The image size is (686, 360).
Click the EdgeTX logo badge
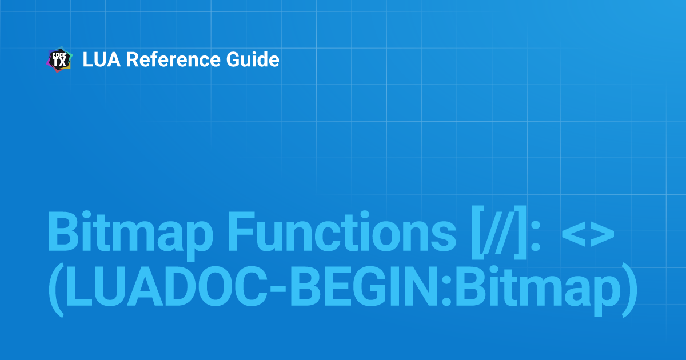pos(59,59)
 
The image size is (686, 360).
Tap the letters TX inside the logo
pos(59,62)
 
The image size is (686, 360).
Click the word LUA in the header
pos(102,59)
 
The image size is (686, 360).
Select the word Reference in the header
pos(173,59)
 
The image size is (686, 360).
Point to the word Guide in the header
pos(253,59)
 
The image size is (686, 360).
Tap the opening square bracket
pos(477,233)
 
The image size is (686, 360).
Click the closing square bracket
pos(520,233)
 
